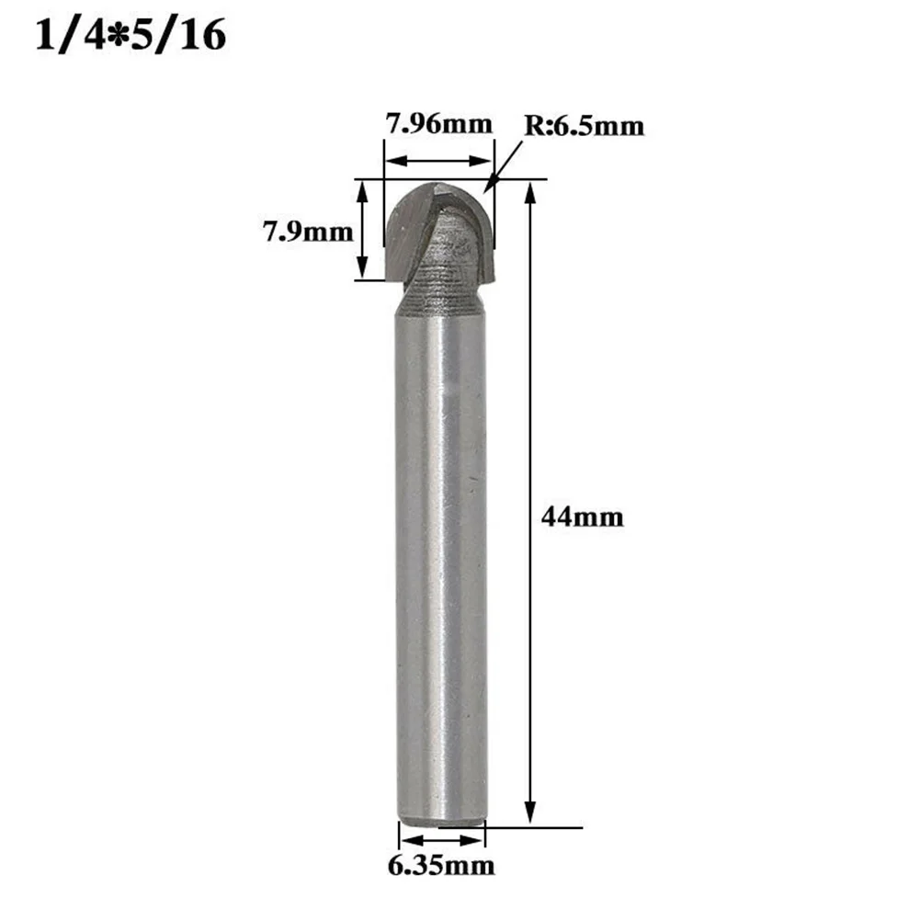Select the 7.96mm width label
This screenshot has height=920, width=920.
[x=438, y=123]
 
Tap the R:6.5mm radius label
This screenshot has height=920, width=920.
[x=585, y=126]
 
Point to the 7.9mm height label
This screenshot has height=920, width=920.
[x=308, y=232]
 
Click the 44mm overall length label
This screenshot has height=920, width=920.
[x=583, y=517]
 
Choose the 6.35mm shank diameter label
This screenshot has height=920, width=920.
[x=440, y=865]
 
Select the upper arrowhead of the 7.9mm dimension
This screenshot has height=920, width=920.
[x=362, y=187]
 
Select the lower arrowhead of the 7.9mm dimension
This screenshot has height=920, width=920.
[x=362, y=272]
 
